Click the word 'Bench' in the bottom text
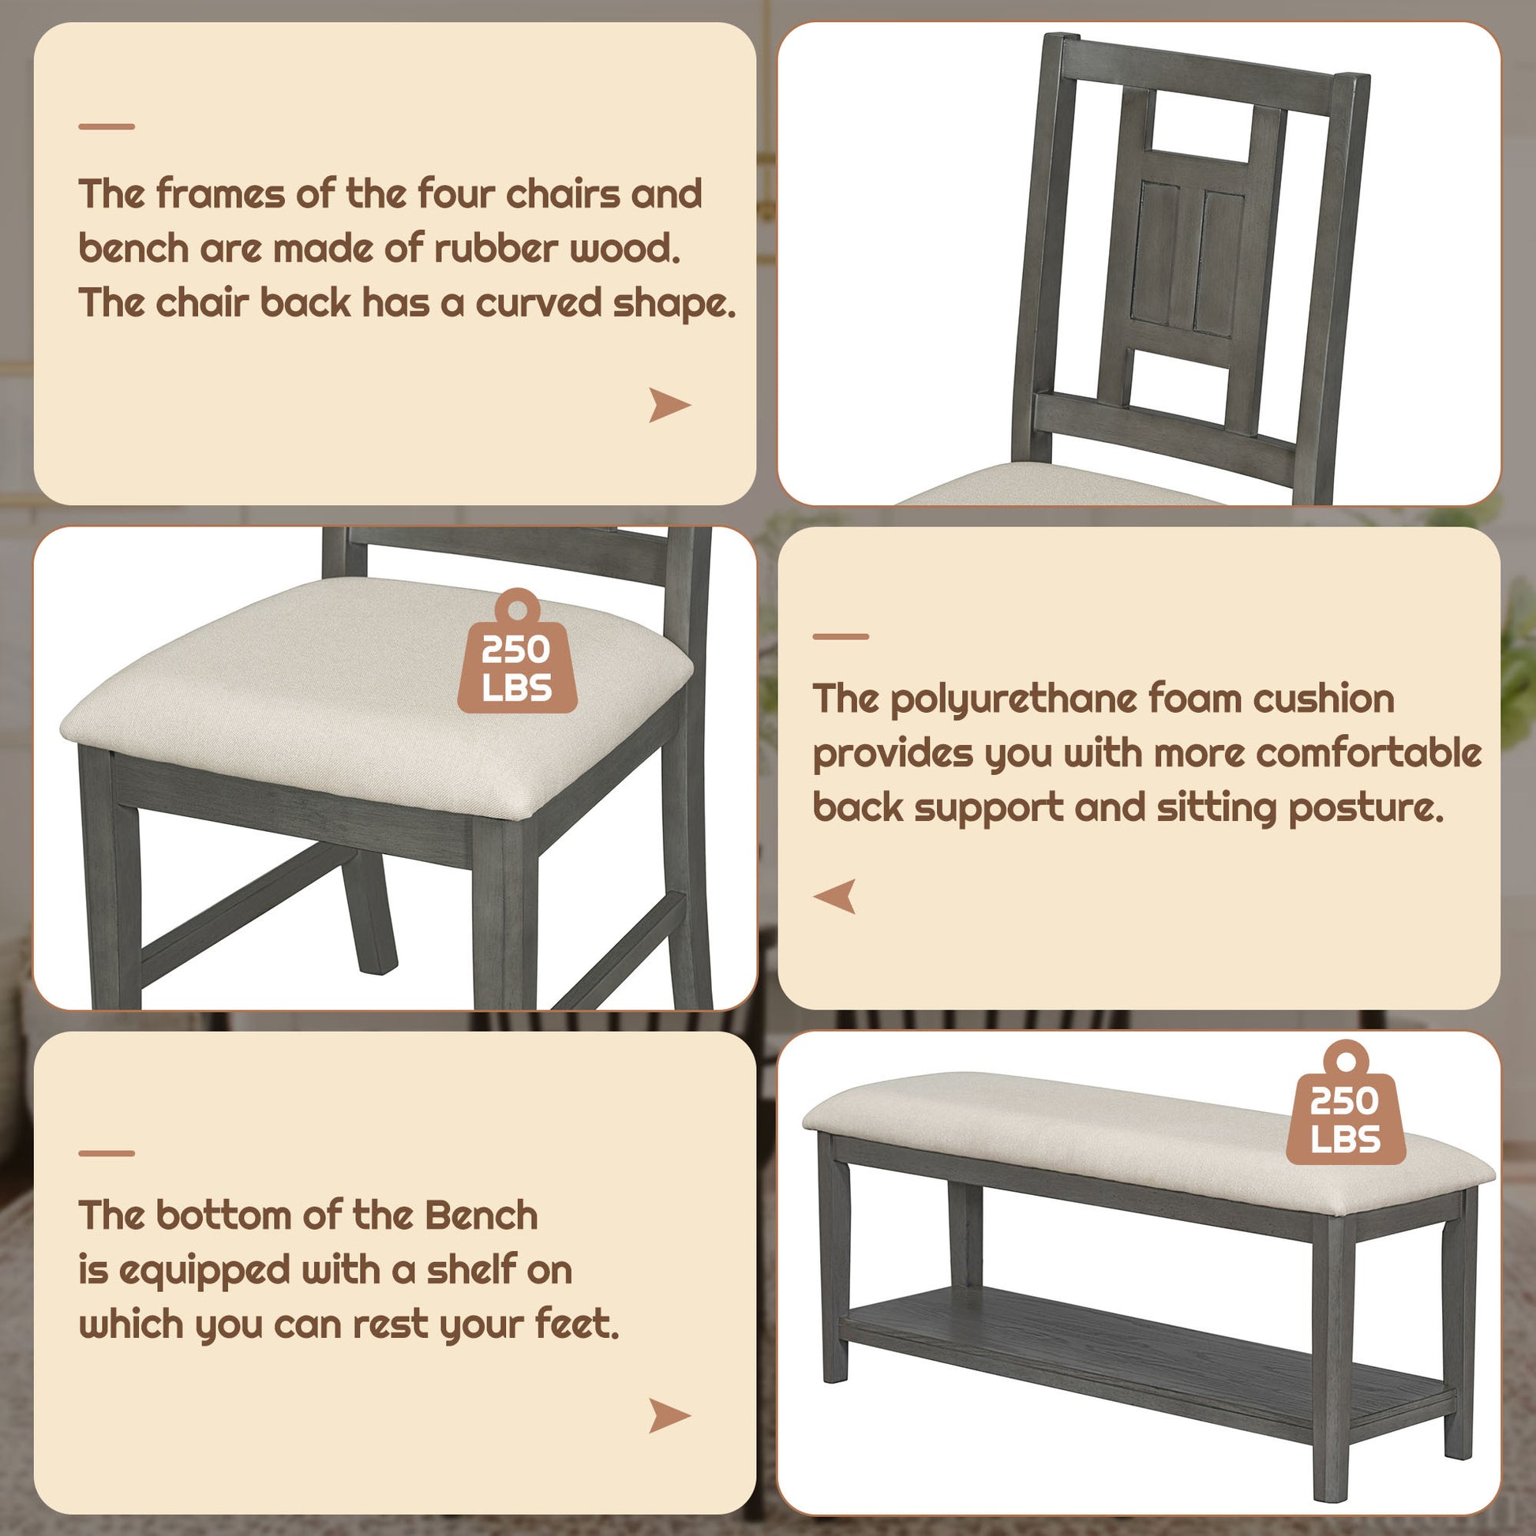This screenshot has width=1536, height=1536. click(481, 1216)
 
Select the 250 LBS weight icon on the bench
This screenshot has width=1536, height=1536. click(1345, 1106)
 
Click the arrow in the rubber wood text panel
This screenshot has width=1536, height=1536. click(669, 405)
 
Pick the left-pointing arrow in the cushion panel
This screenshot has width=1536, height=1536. click(836, 896)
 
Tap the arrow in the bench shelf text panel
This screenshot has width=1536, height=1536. click(669, 1416)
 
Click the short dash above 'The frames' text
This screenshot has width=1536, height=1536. click(107, 126)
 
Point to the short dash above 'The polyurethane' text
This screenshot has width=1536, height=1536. click(841, 637)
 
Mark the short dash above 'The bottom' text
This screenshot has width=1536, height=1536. click(107, 1153)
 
